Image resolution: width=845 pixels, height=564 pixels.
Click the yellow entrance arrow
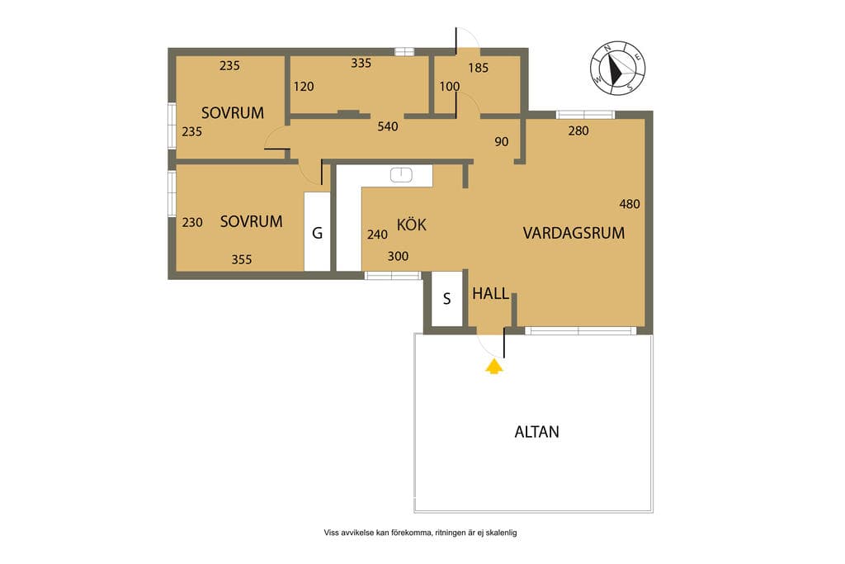(494, 367)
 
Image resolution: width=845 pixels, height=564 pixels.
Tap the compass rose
(617, 69)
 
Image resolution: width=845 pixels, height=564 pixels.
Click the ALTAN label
(536, 432)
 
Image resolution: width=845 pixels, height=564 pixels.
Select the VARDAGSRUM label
(574, 233)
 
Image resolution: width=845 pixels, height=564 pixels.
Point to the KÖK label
(412, 224)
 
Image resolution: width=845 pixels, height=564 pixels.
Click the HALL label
(490, 294)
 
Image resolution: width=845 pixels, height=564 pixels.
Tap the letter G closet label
(318, 233)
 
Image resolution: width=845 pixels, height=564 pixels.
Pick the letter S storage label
(446, 299)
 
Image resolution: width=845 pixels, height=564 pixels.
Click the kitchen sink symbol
(402, 174)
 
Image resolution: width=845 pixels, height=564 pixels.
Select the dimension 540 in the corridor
(388, 126)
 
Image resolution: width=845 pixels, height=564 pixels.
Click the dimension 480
(630, 204)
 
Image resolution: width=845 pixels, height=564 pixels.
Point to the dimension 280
(578, 130)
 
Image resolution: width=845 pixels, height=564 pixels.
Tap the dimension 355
(242, 259)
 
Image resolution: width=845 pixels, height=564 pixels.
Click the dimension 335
(361, 63)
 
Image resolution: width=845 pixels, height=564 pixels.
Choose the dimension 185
(478, 68)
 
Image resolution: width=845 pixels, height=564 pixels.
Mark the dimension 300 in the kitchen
(399, 256)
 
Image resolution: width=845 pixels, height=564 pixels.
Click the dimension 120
(304, 86)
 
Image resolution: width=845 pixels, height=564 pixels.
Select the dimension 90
(501, 142)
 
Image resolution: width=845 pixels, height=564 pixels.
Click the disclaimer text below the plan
(420, 533)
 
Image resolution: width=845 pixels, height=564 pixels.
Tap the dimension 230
(192, 222)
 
